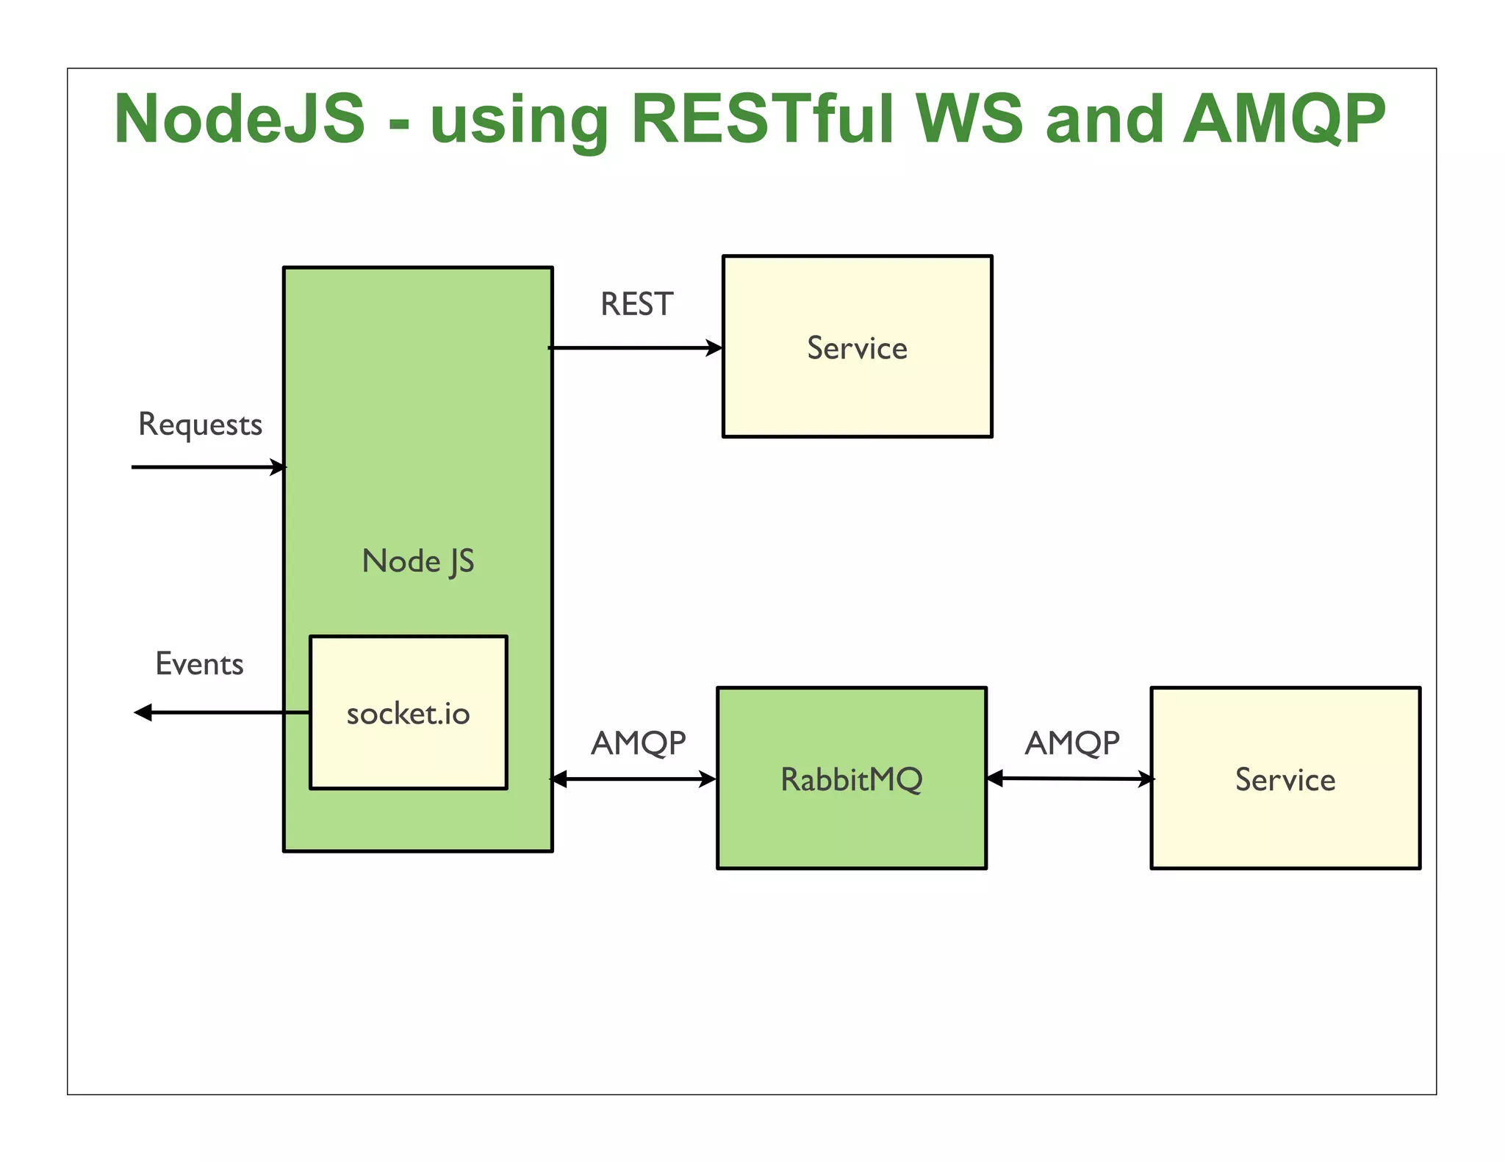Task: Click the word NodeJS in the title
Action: [x=240, y=119]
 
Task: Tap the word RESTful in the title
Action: [x=763, y=119]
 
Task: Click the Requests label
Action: [x=200, y=425]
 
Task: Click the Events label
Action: [x=199, y=664]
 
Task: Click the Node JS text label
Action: [x=418, y=562]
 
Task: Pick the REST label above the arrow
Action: [x=636, y=304]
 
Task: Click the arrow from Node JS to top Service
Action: [x=636, y=347]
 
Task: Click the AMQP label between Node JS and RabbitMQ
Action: [x=638, y=743]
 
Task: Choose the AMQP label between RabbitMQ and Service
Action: [x=1072, y=743]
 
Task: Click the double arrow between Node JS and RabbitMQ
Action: [x=633, y=779]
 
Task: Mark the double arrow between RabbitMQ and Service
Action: [x=1070, y=779]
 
